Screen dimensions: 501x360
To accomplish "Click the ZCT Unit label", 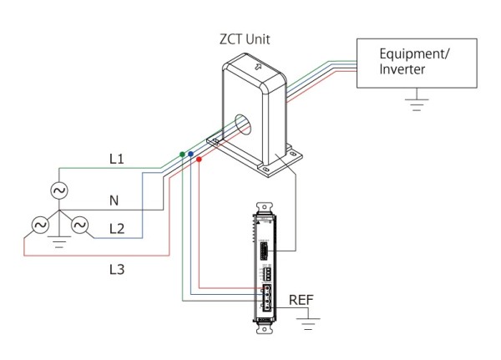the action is click(245, 39).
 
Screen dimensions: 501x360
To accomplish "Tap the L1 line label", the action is click(117, 159).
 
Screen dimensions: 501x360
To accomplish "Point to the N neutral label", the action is click(114, 200).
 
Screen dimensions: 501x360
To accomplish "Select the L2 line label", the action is click(117, 229).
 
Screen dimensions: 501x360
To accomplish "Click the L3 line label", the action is click(117, 270).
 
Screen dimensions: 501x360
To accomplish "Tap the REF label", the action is click(301, 300).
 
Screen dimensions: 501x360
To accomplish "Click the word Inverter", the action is click(402, 69).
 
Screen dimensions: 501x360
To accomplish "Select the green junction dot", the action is click(182, 155).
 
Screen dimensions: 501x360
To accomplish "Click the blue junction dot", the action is click(190, 154).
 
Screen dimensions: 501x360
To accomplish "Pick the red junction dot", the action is click(199, 159).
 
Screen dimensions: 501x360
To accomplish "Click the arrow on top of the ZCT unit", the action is click(258, 67).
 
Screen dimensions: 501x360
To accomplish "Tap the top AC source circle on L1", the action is click(59, 190).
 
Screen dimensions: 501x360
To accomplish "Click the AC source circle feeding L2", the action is click(79, 226).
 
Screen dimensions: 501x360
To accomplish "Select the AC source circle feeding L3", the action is click(40, 226).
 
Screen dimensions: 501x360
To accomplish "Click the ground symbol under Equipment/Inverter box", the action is click(417, 103).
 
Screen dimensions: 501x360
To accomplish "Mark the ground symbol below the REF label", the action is click(308, 323).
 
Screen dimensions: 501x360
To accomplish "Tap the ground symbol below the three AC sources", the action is click(59, 241).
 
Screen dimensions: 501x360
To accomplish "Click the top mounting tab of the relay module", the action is click(264, 207).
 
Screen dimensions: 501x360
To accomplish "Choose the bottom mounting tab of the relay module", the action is click(265, 328).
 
